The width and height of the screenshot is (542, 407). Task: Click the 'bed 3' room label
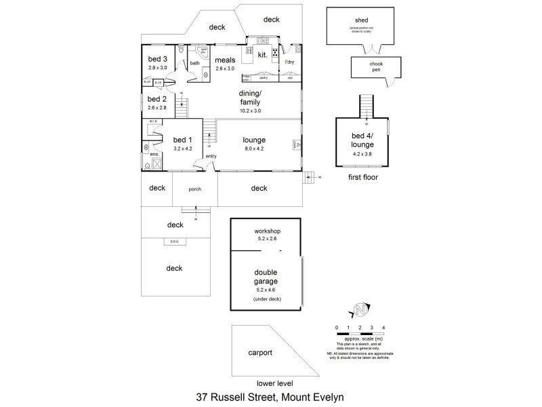tap(158, 59)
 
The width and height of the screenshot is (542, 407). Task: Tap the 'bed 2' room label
tap(158, 98)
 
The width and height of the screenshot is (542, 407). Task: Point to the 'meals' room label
tap(225, 60)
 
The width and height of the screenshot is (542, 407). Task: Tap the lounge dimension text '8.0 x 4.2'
tap(253, 149)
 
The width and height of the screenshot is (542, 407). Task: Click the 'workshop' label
tap(267, 231)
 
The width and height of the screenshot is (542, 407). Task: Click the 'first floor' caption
tap(363, 178)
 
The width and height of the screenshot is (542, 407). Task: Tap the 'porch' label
tap(195, 189)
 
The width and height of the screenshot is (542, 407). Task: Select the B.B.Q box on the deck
tap(174, 242)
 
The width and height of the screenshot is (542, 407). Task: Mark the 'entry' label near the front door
tap(211, 156)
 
